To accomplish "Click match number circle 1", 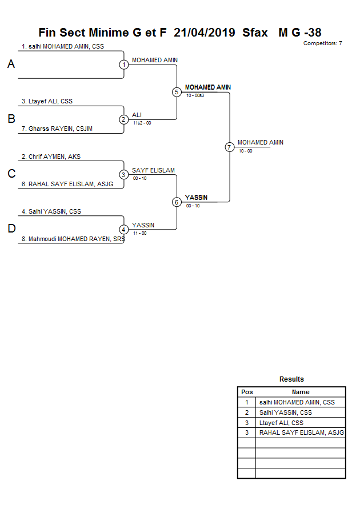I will tap(123, 65).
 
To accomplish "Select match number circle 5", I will tap(177, 92).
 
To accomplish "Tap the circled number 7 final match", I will tap(229, 147).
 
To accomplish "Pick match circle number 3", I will tap(123, 175).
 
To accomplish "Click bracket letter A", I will tap(11, 65).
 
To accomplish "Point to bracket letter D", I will tap(11, 229).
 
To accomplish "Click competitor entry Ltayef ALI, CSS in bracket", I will tap(47, 101).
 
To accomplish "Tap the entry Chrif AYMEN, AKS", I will tap(51, 157).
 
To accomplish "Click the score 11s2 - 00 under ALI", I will tap(142, 123).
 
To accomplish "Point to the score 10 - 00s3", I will tap(195, 95).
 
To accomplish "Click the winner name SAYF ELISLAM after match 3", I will tap(153, 170).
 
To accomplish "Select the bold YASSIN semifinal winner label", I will tap(196, 198).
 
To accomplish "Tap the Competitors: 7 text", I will tap(322, 43).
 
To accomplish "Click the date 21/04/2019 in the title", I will tap(205, 33).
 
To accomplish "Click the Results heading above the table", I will tap(291, 379).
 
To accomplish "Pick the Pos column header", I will tap(247, 392).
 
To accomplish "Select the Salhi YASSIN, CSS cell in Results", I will tap(286, 412).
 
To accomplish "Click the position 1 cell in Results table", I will tap(247, 402).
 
